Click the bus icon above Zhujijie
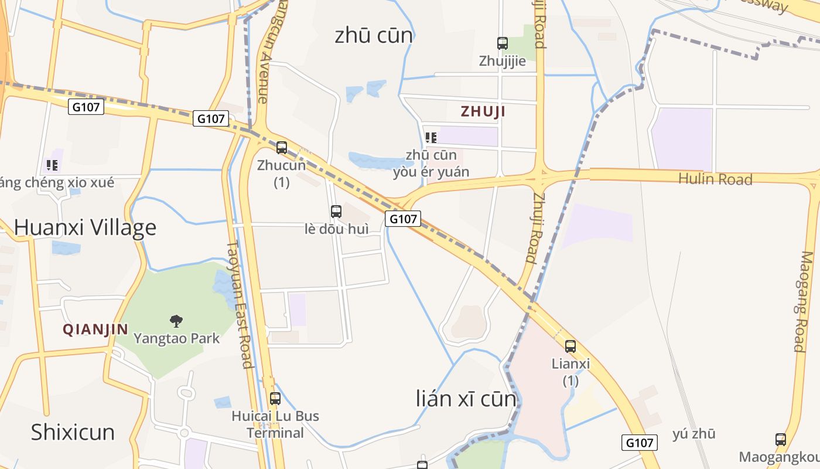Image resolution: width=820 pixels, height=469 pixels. point(502,43)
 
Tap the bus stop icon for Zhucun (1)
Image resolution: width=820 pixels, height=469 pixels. point(282,147)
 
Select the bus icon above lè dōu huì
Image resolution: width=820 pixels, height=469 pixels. point(336,212)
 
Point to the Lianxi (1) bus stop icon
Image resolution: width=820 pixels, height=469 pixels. point(570,346)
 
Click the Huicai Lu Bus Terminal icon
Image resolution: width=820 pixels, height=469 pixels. point(275,399)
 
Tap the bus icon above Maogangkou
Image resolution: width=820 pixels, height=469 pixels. point(781,439)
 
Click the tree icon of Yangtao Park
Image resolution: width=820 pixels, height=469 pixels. point(176,321)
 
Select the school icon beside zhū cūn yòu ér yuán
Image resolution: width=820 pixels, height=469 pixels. point(431,138)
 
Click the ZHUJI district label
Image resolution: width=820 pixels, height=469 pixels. point(483,111)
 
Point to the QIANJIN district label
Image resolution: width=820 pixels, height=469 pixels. point(95,329)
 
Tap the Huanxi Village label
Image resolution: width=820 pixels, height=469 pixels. point(86,227)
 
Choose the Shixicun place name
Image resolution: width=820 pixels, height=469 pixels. point(73,432)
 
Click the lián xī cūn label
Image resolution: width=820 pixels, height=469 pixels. point(466,399)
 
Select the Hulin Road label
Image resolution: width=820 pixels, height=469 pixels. point(715,179)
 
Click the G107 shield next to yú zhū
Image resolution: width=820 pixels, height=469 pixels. point(640,443)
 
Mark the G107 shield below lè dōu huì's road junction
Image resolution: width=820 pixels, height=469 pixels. point(403,219)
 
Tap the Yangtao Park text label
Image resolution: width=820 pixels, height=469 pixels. point(177,338)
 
